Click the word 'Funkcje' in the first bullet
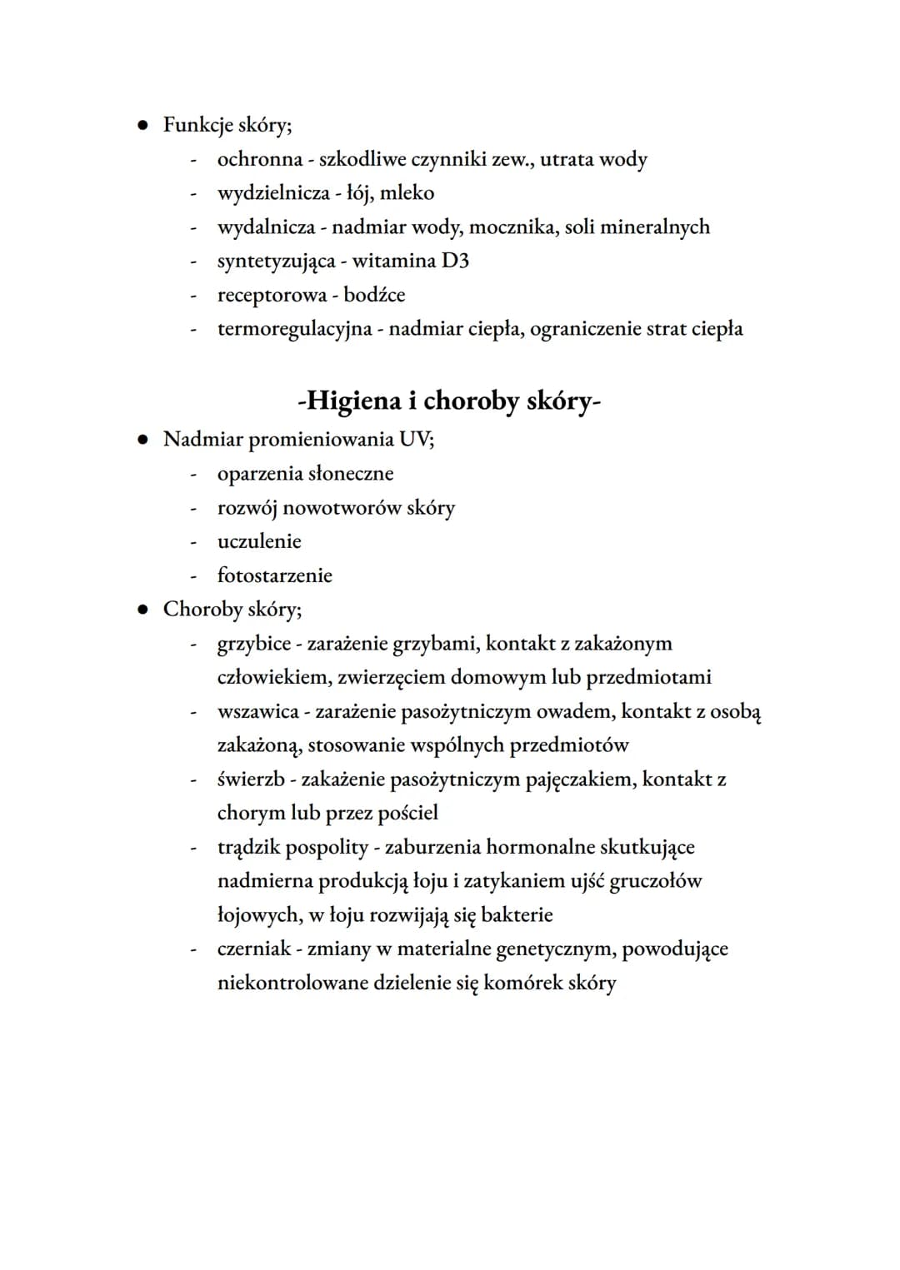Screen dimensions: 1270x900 click(197, 125)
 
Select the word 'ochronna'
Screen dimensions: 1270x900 click(259, 159)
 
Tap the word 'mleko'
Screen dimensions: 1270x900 click(407, 193)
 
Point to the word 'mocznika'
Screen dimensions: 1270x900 click(512, 227)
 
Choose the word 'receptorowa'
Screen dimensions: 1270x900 click(272, 296)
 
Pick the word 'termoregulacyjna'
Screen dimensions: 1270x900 click(294, 329)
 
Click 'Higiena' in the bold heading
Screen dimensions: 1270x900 click(353, 401)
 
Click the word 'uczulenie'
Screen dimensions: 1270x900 click(259, 541)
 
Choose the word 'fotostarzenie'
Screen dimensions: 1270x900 click(274, 575)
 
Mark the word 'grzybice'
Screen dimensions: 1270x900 click(254, 644)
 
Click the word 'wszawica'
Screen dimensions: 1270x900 click(257, 712)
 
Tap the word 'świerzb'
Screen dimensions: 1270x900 click(251, 779)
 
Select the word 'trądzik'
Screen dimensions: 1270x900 click(248, 848)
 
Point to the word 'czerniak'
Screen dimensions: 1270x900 click(254, 949)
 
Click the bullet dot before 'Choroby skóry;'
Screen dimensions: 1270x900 click(143, 610)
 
